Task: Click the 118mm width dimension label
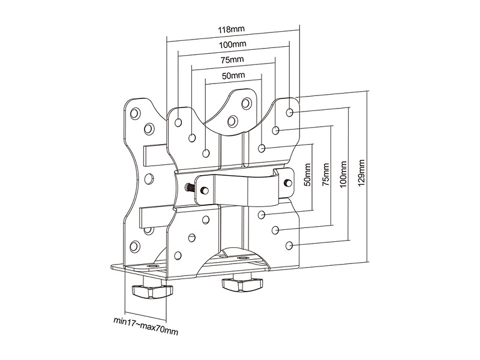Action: coord(233,29)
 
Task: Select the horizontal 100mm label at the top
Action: coord(233,45)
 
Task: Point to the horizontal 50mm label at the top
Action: coord(233,76)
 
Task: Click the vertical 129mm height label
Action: coord(360,174)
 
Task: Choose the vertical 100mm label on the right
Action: coord(343,174)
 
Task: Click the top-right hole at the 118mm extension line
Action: coord(290,112)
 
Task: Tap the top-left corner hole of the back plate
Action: coord(134,112)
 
